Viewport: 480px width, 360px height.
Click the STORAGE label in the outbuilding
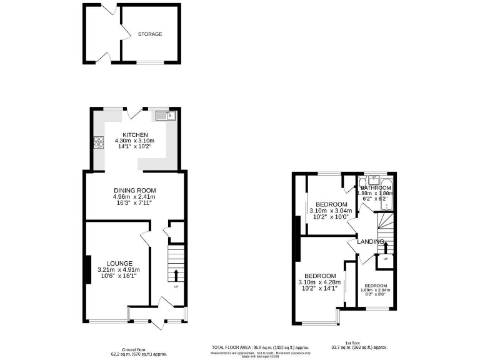pyautogui.click(x=150, y=34)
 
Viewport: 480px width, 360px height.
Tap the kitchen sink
pyautogui.click(x=167, y=115)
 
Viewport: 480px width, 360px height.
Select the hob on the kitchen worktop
pyautogui.click(x=98, y=142)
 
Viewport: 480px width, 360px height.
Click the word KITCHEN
pyautogui.click(x=135, y=135)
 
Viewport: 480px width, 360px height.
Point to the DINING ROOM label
pyautogui.click(x=134, y=191)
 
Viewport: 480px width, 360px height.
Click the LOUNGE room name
pyautogui.click(x=119, y=263)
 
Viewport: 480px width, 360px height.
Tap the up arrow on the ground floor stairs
pyautogui.click(x=176, y=275)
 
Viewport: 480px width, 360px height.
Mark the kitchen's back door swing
pyautogui.click(x=133, y=114)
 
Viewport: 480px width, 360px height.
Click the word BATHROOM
pyautogui.click(x=376, y=187)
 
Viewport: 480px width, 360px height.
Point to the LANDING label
pyautogui.click(x=371, y=241)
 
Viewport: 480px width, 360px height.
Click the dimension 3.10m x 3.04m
pyautogui.click(x=331, y=211)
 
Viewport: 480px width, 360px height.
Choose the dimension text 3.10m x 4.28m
pyautogui.click(x=320, y=282)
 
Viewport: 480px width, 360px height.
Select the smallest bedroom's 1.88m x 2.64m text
pyautogui.click(x=375, y=289)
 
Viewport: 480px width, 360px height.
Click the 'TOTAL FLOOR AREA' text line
pyautogui.click(x=259, y=347)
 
